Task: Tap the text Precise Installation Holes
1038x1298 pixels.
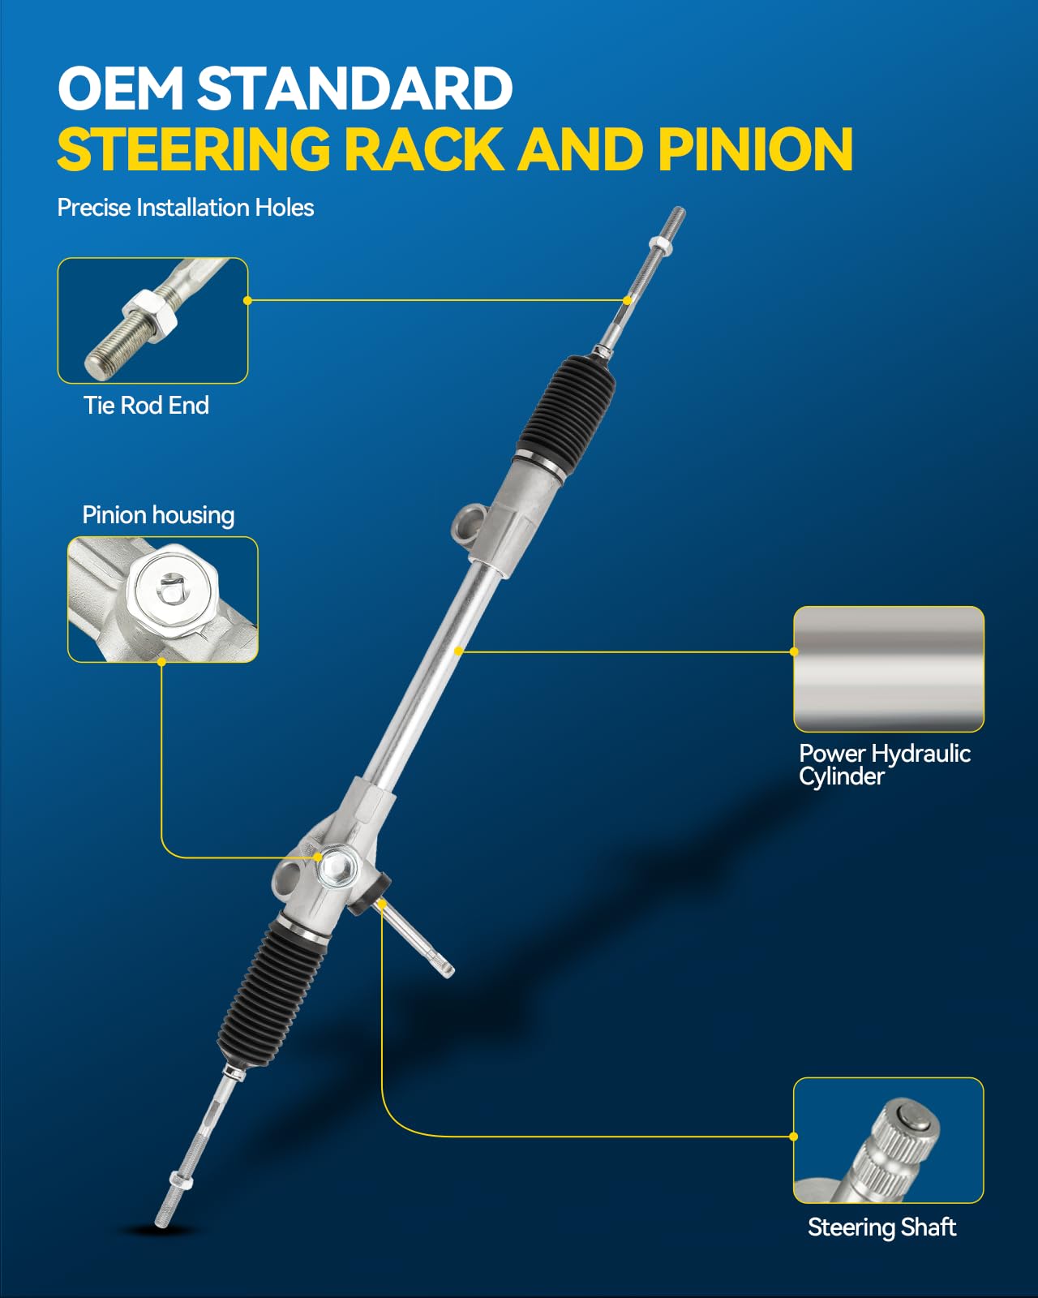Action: point(185,208)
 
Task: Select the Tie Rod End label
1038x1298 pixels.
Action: point(146,405)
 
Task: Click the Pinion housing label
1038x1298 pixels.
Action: point(158,515)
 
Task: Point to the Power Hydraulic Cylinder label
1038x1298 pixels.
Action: point(884,764)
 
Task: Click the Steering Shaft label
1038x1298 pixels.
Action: point(881,1227)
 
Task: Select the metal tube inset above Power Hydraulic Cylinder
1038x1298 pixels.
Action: point(888,668)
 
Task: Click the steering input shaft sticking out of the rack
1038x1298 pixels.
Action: point(418,941)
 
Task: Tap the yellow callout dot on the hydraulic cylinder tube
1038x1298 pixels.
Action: point(459,651)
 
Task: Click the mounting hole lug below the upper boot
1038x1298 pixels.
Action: point(469,522)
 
